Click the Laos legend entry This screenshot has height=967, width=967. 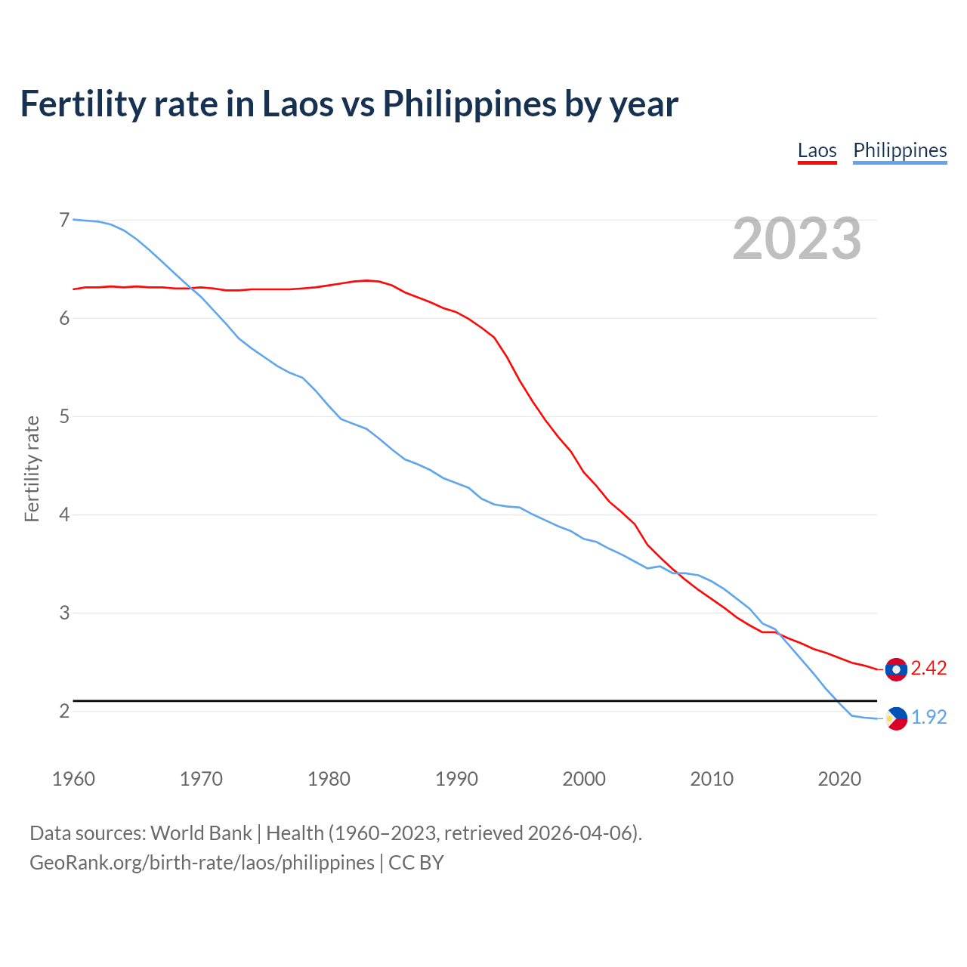(x=817, y=150)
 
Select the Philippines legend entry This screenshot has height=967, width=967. (x=900, y=150)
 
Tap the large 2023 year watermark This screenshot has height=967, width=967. (x=797, y=239)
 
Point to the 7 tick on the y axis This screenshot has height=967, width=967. (x=64, y=220)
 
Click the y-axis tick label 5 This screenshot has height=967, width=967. (x=64, y=416)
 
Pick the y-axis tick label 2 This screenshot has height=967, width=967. (x=64, y=711)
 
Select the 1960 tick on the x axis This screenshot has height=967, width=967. (x=73, y=779)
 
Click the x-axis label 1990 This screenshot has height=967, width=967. (x=456, y=779)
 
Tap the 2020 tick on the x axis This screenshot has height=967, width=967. (x=839, y=779)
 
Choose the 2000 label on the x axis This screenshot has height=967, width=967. (x=584, y=779)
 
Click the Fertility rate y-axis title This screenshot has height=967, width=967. (x=32, y=468)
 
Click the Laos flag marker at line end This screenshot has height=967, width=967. (x=896, y=669)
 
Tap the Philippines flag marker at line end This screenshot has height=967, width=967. (x=896, y=718)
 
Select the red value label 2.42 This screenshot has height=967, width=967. (x=928, y=669)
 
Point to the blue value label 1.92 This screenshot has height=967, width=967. (x=928, y=717)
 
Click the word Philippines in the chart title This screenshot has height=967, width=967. (x=469, y=104)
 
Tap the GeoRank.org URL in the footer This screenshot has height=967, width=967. (x=202, y=863)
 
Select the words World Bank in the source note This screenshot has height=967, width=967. (x=201, y=833)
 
